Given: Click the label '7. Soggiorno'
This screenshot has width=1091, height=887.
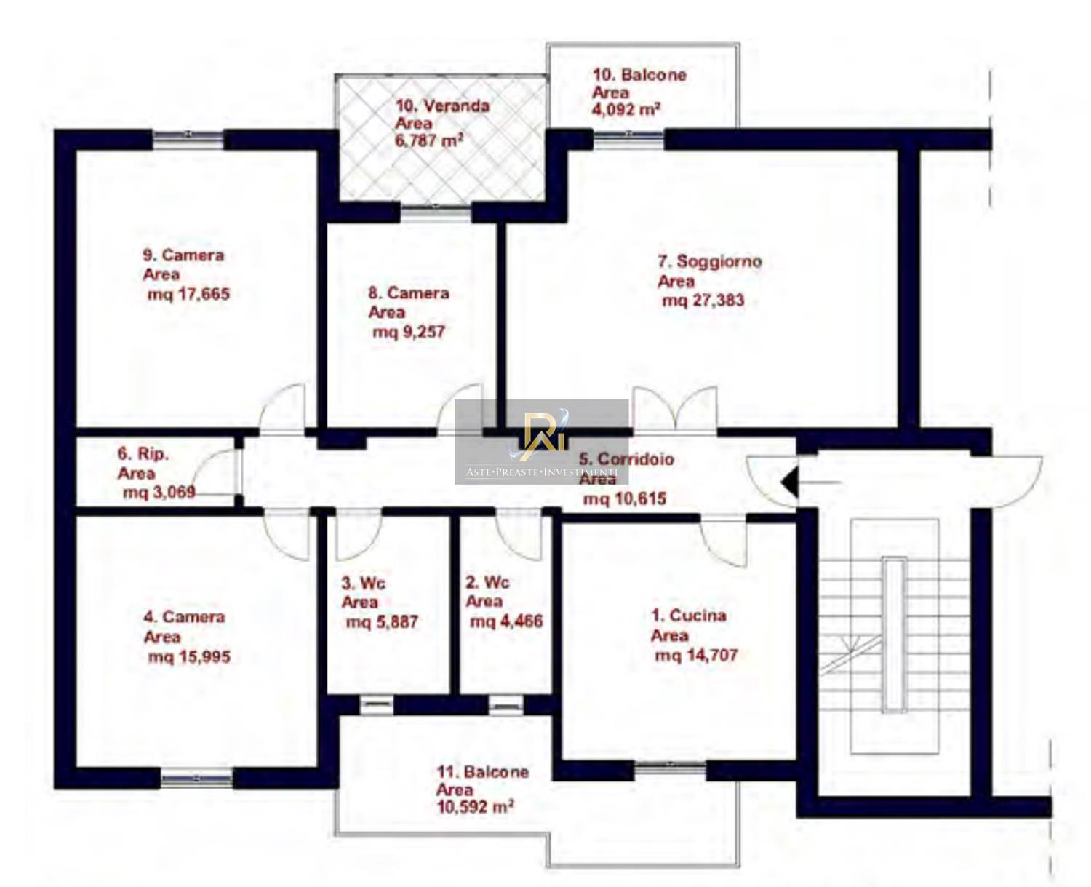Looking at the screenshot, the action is (x=709, y=261).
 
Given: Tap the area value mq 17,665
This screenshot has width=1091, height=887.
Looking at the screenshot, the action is (x=188, y=294).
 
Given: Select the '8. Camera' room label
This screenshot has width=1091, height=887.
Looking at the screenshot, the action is (x=409, y=293).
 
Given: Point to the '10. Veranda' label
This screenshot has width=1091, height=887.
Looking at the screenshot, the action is (x=442, y=106).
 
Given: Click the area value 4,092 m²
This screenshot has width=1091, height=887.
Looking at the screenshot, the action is (x=626, y=109).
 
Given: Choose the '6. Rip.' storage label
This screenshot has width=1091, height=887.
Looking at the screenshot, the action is (x=143, y=453).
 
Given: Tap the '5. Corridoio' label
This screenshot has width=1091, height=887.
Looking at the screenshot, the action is (x=626, y=458).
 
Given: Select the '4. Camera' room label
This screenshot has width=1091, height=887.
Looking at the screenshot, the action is (x=185, y=616).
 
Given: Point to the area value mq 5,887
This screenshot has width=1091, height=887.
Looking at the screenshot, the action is (x=382, y=622).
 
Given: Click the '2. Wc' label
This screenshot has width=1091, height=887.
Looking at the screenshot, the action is (x=487, y=582).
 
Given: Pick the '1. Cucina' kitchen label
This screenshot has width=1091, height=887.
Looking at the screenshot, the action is (x=688, y=615).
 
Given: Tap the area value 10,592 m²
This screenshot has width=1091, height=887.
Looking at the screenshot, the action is (x=476, y=807).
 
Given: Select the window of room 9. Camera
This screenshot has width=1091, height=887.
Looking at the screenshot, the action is (x=188, y=139).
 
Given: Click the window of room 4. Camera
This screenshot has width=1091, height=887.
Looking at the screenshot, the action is (x=196, y=779).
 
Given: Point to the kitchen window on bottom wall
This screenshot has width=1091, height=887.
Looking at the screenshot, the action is (x=670, y=767).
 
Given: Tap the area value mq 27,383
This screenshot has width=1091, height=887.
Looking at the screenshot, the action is (x=703, y=300).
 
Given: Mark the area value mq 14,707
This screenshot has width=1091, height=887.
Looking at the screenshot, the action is (x=696, y=655).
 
